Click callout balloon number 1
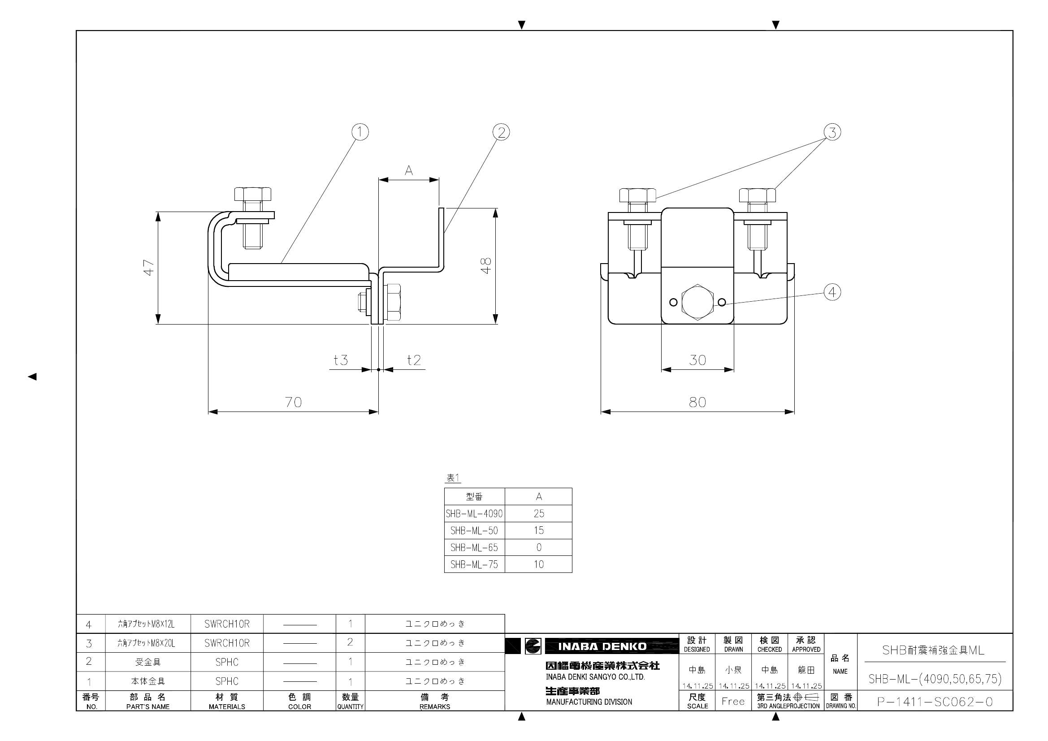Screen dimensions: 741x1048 point(359,132)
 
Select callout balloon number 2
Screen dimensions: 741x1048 point(501,132)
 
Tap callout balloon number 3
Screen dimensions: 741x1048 point(832,132)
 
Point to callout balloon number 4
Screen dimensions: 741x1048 point(832,292)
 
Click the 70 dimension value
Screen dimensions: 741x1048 point(294,402)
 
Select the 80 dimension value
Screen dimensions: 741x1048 point(697,402)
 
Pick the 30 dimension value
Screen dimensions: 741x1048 point(697,360)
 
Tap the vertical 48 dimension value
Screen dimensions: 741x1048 point(487,265)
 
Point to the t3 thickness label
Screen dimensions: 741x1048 point(341,360)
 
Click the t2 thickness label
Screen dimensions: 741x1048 point(414,360)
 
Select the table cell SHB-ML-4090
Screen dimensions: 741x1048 point(474,514)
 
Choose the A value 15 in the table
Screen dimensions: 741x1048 point(539,530)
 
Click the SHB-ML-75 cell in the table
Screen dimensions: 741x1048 point(474,564)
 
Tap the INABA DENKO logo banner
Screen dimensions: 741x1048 point(602,646)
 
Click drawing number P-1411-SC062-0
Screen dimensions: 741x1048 point(935,702)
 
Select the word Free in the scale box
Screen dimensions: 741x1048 point(733,701)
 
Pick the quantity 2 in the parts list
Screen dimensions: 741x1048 point(350,642)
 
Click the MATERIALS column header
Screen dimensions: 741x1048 point(227,701)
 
